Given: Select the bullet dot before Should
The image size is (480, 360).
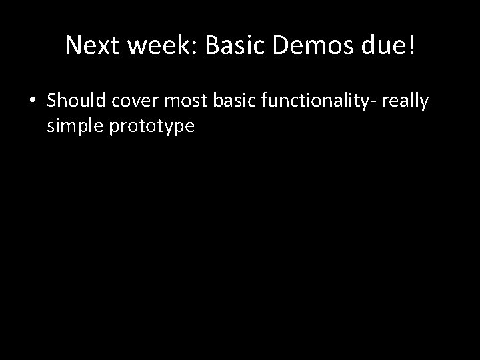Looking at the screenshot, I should pos(33,101).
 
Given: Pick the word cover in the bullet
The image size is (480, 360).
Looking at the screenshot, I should pos(135,101).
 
